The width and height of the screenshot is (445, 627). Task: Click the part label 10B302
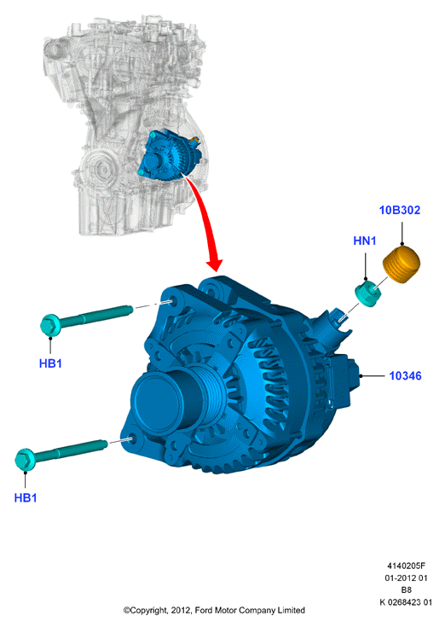click(400, 210)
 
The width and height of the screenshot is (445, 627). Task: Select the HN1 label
click(365, 241)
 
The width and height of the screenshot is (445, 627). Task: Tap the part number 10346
click(405, 376)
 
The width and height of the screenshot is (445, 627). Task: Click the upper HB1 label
click(50, 363)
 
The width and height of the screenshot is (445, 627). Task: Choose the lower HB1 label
click(26, 498)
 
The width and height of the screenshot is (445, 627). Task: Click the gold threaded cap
click(402, 265)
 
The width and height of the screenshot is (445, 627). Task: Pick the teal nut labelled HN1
click(368, 294)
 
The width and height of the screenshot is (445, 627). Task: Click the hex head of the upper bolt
click(50, 326)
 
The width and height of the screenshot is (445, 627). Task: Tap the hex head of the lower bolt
click(25, 460)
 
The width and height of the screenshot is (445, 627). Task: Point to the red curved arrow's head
click(214, 264)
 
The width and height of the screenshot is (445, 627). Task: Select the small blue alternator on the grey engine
click(170, 155)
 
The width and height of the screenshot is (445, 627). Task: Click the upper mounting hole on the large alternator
click(172, 300)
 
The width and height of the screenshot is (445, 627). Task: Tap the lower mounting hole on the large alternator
click(131, 439)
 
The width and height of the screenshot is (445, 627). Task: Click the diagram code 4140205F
click(406, 566)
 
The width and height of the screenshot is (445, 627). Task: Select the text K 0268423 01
click(406, 601)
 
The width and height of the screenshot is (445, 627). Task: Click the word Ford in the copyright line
click(204, 610)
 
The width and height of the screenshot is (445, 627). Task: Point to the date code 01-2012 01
click(406, 578)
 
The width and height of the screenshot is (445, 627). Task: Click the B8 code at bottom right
click(407, 589)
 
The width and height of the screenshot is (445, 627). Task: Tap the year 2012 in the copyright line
click(181, 611)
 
